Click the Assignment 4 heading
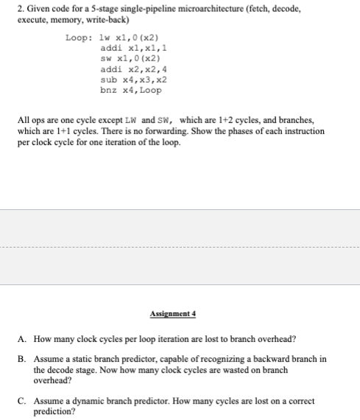(x=180, y=312)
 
